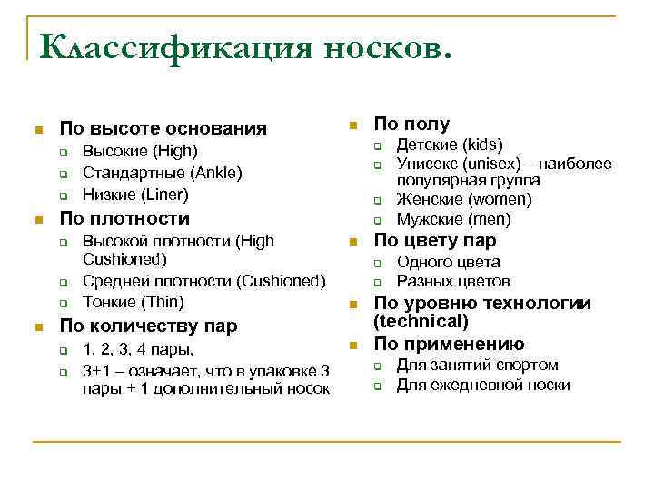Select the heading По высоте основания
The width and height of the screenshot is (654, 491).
pyautogui.click(x=163, y=128)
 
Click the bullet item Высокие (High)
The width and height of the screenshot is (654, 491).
pyautogui.click(x=139, y=151)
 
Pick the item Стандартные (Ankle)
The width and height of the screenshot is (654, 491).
pyautogui.click(x=163, y=173)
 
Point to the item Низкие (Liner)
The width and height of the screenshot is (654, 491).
pyautogui.click(x=135, y=194)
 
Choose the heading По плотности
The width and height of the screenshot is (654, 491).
pyautogui.click(x=124, y=218)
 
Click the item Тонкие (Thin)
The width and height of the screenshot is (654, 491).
pyautogui.click(x=133, y=302)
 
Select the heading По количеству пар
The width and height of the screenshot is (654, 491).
pyautogui.click(x=148, y=326)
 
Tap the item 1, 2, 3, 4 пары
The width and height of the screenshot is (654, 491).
pyautogui.click(x=138, y=349)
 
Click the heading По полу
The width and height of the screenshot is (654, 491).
pyautogui.click(x=411, y=124)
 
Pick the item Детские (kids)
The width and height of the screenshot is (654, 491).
pyautogui.click(x=450, y=145)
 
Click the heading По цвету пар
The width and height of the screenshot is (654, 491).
pyautogui.click(x=435, y=241)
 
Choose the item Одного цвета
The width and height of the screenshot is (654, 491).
pyautogui.click(x=449, y=262)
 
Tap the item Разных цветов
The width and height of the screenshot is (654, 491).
pyautogui.click(x=453, y=282)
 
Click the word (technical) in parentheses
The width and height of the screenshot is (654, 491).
pyautogui.click(x=421, y=322)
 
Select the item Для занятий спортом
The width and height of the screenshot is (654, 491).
pyautogui.click(x=477, y=365)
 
